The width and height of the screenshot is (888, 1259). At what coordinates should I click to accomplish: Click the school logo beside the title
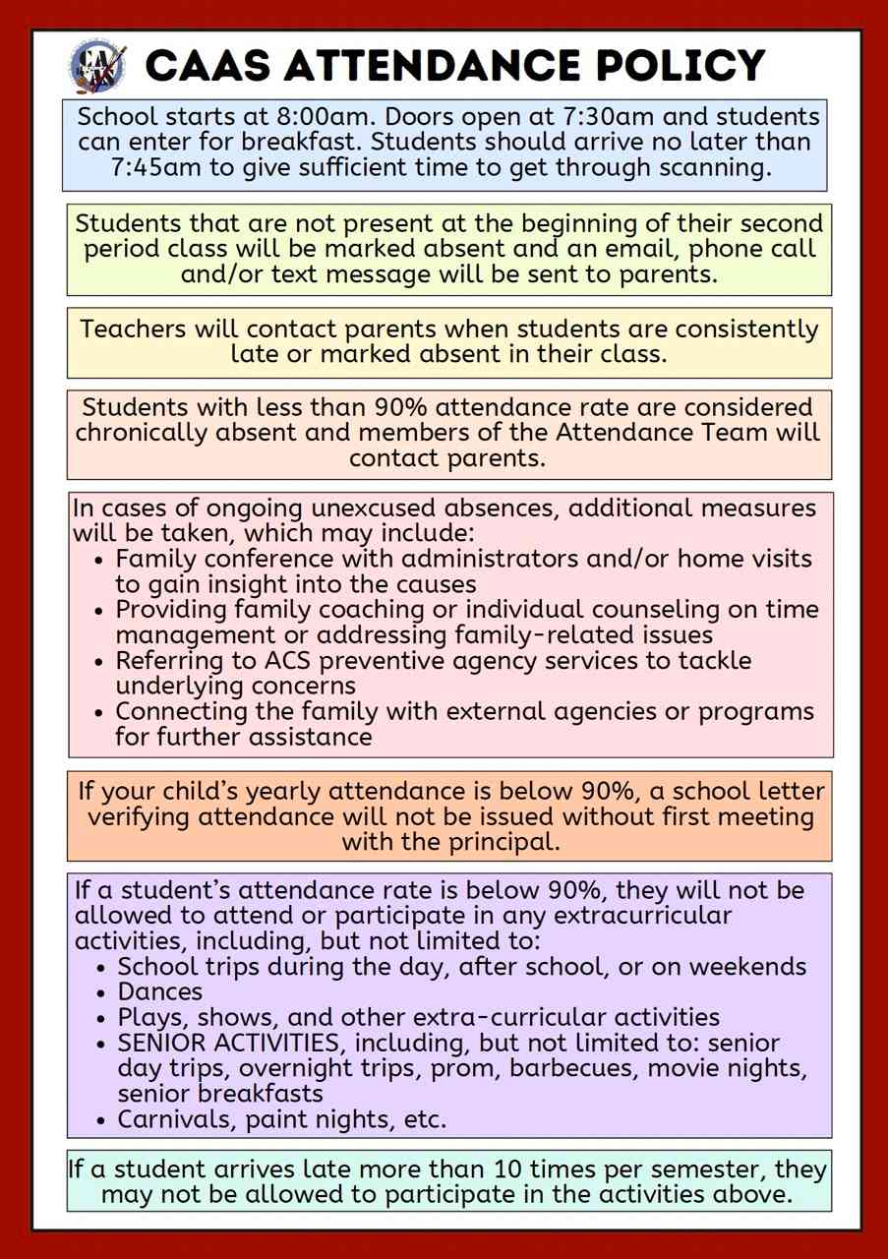click(97, 65)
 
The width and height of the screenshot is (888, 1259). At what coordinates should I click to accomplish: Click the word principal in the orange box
click(498, 842)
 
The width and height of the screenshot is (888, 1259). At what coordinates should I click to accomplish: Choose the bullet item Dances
click(159, 991)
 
